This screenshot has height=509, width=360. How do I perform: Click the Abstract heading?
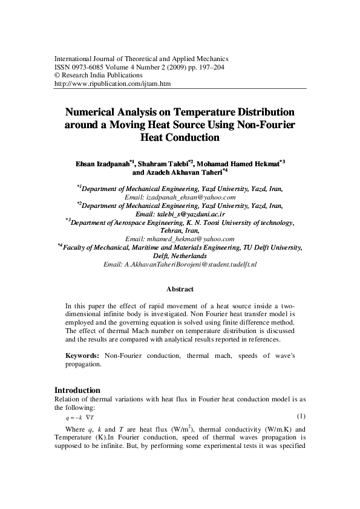[180, 290]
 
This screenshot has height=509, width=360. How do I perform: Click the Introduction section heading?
[77, 390]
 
